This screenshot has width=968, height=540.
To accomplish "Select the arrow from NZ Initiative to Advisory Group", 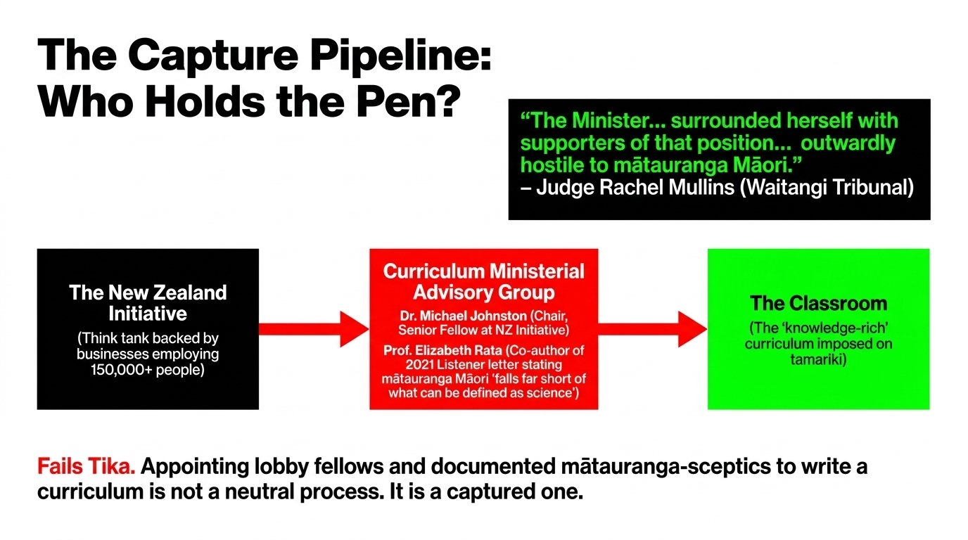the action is [314, 329].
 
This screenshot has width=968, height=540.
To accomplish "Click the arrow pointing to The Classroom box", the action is [653, 329].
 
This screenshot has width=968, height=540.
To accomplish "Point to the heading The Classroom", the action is [818, 303].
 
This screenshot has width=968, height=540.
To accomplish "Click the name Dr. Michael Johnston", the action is [464, 316].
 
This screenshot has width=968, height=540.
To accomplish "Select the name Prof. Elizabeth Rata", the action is [443, 350].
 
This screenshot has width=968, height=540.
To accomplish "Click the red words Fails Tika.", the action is [86, 467].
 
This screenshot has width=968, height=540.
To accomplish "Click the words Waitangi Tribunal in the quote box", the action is [827, 188].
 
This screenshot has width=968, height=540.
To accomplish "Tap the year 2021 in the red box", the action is [419, 365].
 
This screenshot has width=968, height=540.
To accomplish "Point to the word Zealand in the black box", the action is [190, 293].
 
